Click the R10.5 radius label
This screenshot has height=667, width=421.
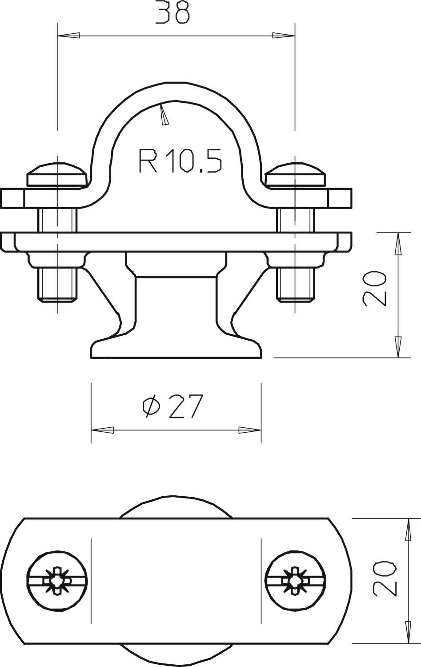(180, 161)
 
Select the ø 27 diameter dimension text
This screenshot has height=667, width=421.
(172, 406)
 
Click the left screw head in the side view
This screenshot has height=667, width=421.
(56, 176)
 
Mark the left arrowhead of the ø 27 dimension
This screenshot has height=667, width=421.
(102, 430)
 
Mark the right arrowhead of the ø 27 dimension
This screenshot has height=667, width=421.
(250, 430)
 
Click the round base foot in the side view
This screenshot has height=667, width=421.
(176, 349)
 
